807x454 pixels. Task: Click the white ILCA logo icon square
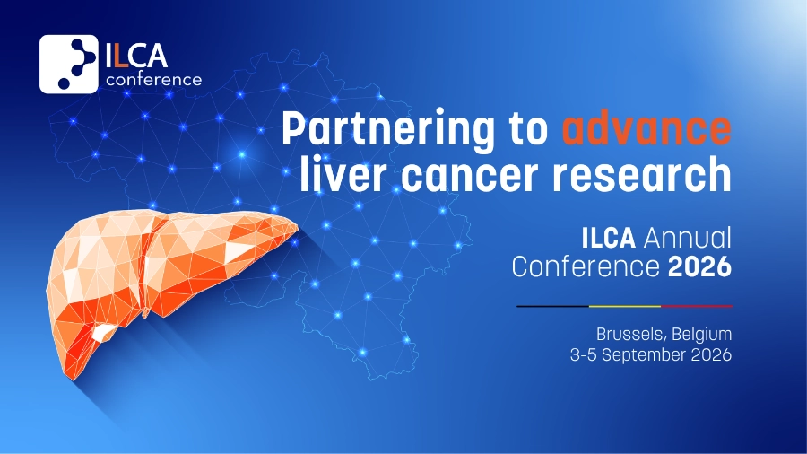coord(68,64)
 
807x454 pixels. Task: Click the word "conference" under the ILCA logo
coord(153,79)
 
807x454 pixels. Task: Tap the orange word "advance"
coord(646,127)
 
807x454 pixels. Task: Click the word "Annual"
coord(687,238)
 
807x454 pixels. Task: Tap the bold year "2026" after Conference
coord(699,266)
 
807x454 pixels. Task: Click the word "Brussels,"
coord(631,335)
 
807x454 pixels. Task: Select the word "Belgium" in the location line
coord(701,335)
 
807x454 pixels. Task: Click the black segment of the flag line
coord(552,306)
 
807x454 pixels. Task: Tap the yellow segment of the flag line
coord(625,306)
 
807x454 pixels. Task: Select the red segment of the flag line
coord(697,306)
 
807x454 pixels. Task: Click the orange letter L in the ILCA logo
coord(120,56)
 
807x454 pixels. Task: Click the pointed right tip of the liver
coord(298,226)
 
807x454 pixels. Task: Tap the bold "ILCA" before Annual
coord(608,238)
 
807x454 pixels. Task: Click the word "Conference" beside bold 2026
coord(586,266)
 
